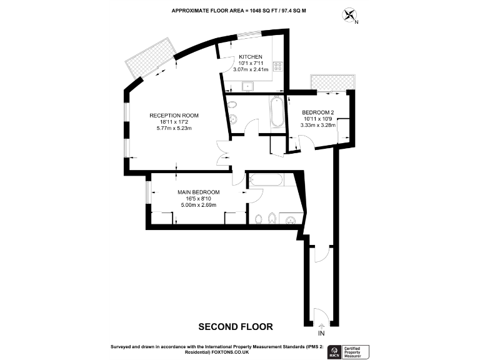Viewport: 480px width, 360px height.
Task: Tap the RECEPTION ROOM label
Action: [x=174, y=115]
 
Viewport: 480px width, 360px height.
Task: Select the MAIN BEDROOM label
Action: [x=198, y=192]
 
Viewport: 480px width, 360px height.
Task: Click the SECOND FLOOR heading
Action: [x=236, y=326]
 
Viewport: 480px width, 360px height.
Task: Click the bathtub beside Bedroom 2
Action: [x=276, y=112]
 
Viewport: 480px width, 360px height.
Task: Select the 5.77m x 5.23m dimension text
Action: [x=174, y=129]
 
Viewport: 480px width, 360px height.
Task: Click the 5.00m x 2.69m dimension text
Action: [x=198, y=205]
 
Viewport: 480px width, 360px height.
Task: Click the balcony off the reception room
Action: [x=149, y=59]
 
